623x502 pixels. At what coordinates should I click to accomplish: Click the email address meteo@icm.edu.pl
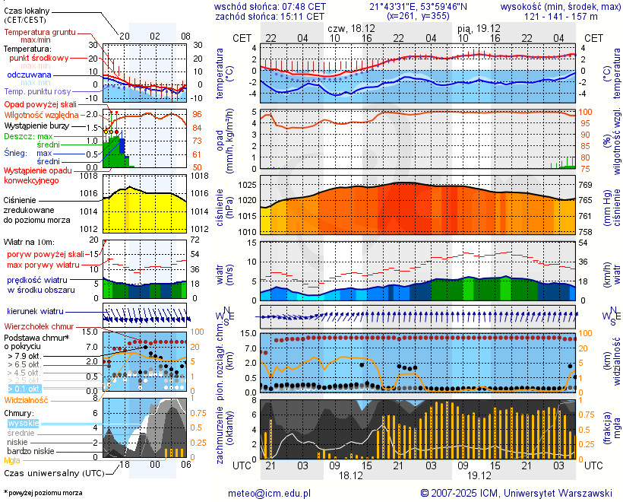pos(270,493)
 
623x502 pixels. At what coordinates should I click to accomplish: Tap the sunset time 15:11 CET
pos(300,15)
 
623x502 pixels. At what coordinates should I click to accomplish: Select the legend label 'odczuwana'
pos(30,75)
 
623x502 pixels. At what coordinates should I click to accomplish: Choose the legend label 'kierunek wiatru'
pos(35,312)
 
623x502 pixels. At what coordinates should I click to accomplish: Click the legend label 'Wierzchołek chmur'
pos(38,326)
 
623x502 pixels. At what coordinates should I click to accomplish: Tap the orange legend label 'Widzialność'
pos(27,399)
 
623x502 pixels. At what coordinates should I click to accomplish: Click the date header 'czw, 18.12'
pos(350,27)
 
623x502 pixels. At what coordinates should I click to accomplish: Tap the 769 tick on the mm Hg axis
pos(587,185)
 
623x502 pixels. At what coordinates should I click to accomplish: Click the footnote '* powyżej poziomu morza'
pos(43,493)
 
